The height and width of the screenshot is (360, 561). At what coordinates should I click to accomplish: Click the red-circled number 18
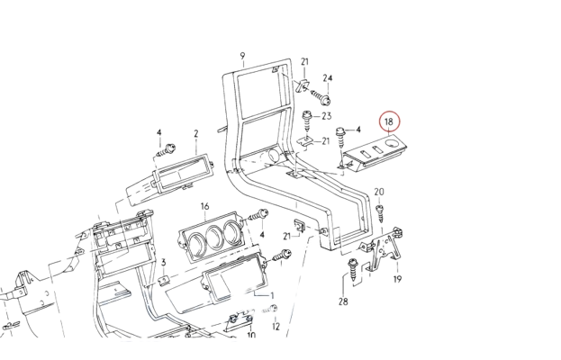pos(390,121)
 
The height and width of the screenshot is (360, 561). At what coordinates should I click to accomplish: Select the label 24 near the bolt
pos(328,78)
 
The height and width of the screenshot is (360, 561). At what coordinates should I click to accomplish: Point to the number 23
pos(327,117)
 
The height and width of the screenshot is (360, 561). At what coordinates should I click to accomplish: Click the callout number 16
pos(204,206)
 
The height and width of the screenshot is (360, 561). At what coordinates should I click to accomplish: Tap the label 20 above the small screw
pos(378,192)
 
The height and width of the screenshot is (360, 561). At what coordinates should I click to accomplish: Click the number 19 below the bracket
pos(397,280)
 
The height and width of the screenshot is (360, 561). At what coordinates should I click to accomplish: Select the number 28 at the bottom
pos(343,301)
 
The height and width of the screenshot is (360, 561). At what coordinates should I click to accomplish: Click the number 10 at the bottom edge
pos(251,335)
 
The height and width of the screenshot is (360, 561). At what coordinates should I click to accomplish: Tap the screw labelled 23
pos(310,117)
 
